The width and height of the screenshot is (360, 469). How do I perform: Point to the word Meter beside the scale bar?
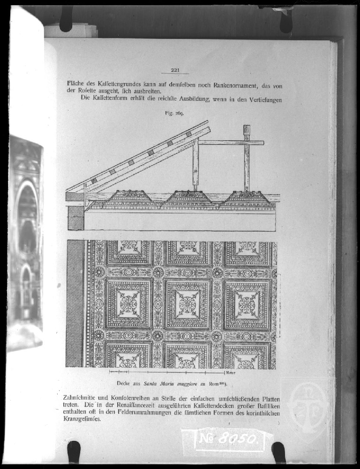click(230, 373)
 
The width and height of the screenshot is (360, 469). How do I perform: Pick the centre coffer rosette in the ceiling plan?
click(187, 304)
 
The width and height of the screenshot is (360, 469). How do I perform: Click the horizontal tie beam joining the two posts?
click(230, 143)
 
